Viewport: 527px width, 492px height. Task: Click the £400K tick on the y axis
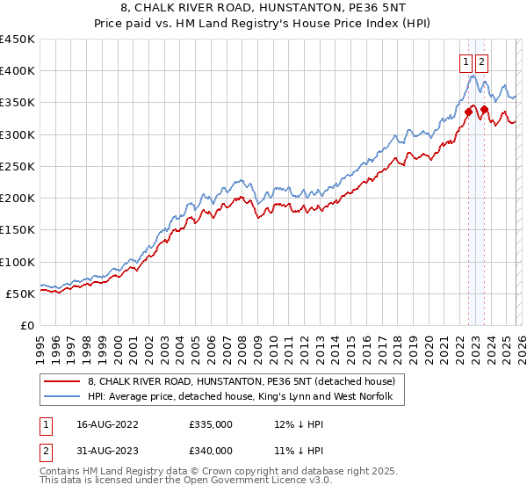click(x=18, y=70)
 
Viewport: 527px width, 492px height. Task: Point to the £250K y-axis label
click(x=18, y=166)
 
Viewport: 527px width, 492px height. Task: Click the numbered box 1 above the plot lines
click(x=465, y=61)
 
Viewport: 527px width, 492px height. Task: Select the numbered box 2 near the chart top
click(x=483, y=61)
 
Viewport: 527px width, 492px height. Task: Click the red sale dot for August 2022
click(x=468, y=112)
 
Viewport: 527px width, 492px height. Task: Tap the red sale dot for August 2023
click(x=484, y=109)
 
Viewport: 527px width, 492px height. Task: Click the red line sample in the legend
click(x=62, y=382)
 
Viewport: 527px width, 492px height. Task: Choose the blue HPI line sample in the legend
click(x=62, y=397)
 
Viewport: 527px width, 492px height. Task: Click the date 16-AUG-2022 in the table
click(x=102, y=424)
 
